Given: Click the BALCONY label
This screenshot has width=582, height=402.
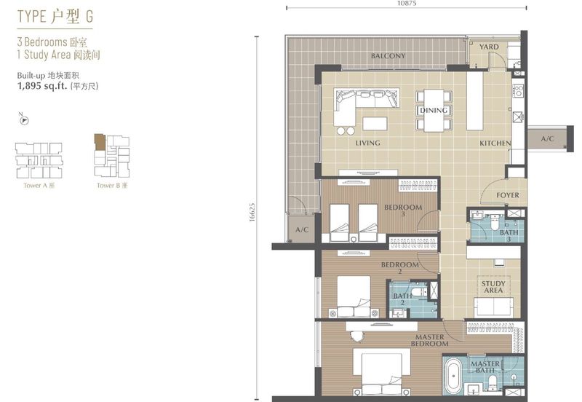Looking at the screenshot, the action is point(388,56).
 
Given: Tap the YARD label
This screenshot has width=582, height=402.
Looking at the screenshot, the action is point(489,47).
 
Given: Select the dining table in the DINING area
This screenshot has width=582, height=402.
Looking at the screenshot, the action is point(434,111).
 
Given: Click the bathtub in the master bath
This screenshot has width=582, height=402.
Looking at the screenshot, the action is point(453,376).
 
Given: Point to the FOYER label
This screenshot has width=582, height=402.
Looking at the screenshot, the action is point(508,195).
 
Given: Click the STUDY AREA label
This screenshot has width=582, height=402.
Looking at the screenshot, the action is point(493,286).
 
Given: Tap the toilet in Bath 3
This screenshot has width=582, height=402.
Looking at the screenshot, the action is point(495,222).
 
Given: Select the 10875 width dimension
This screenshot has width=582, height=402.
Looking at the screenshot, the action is point(407,3).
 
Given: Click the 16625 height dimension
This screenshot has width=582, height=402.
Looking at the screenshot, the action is point(252,213).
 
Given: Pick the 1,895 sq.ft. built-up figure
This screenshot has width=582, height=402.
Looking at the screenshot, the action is point(42,86).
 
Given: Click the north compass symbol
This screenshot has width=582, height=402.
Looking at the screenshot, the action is point(24,119).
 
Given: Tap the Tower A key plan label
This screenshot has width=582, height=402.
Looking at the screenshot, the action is point(39,186).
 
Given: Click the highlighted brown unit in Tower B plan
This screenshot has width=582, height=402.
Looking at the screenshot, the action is point(100,142).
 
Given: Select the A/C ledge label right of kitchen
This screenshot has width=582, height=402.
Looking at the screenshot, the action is point(547,139).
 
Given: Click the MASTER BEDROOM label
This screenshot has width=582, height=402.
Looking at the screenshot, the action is point(429,340).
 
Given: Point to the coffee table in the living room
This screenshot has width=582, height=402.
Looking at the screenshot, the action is point(375,124).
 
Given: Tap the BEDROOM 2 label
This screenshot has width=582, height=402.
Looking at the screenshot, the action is point(399,268).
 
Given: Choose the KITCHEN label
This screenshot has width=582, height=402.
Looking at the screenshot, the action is point(495,143).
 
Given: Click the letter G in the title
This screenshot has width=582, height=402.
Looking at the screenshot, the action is point(89,16).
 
